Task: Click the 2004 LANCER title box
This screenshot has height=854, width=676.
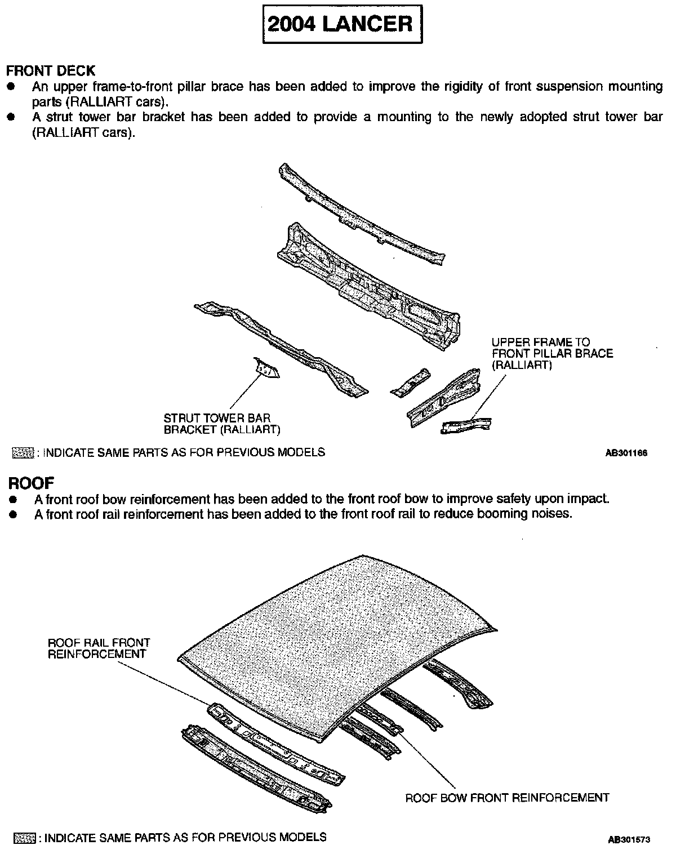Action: [343, 24]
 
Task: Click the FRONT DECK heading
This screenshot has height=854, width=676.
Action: [51, 71]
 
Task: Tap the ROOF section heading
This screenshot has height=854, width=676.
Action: [31, 483]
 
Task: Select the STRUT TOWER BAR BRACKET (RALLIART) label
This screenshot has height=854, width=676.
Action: [221, 424]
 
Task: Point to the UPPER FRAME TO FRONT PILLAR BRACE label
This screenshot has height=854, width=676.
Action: [552, 353]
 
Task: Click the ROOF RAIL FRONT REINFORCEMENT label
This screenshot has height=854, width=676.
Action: [99, 648]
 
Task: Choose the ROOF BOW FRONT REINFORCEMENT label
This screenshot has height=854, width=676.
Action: [507, 798]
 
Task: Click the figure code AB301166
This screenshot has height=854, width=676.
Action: [626, 453]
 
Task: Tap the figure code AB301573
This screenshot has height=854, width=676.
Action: [629, 839]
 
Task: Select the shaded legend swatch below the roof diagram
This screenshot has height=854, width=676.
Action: [24, 838]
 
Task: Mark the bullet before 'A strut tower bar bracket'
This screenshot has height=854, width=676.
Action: [11, 117]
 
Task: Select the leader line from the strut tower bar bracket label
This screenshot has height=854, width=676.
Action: [243, 394]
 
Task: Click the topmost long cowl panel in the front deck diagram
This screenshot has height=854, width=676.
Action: [361, 214]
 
